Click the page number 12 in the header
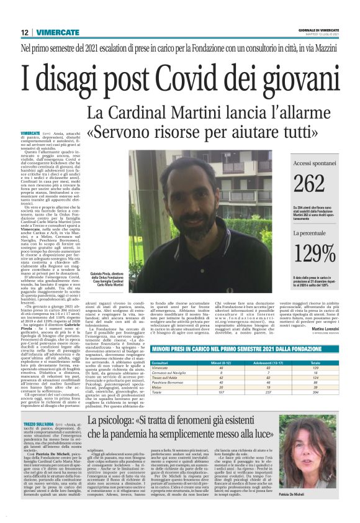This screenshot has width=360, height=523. point(24,32)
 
